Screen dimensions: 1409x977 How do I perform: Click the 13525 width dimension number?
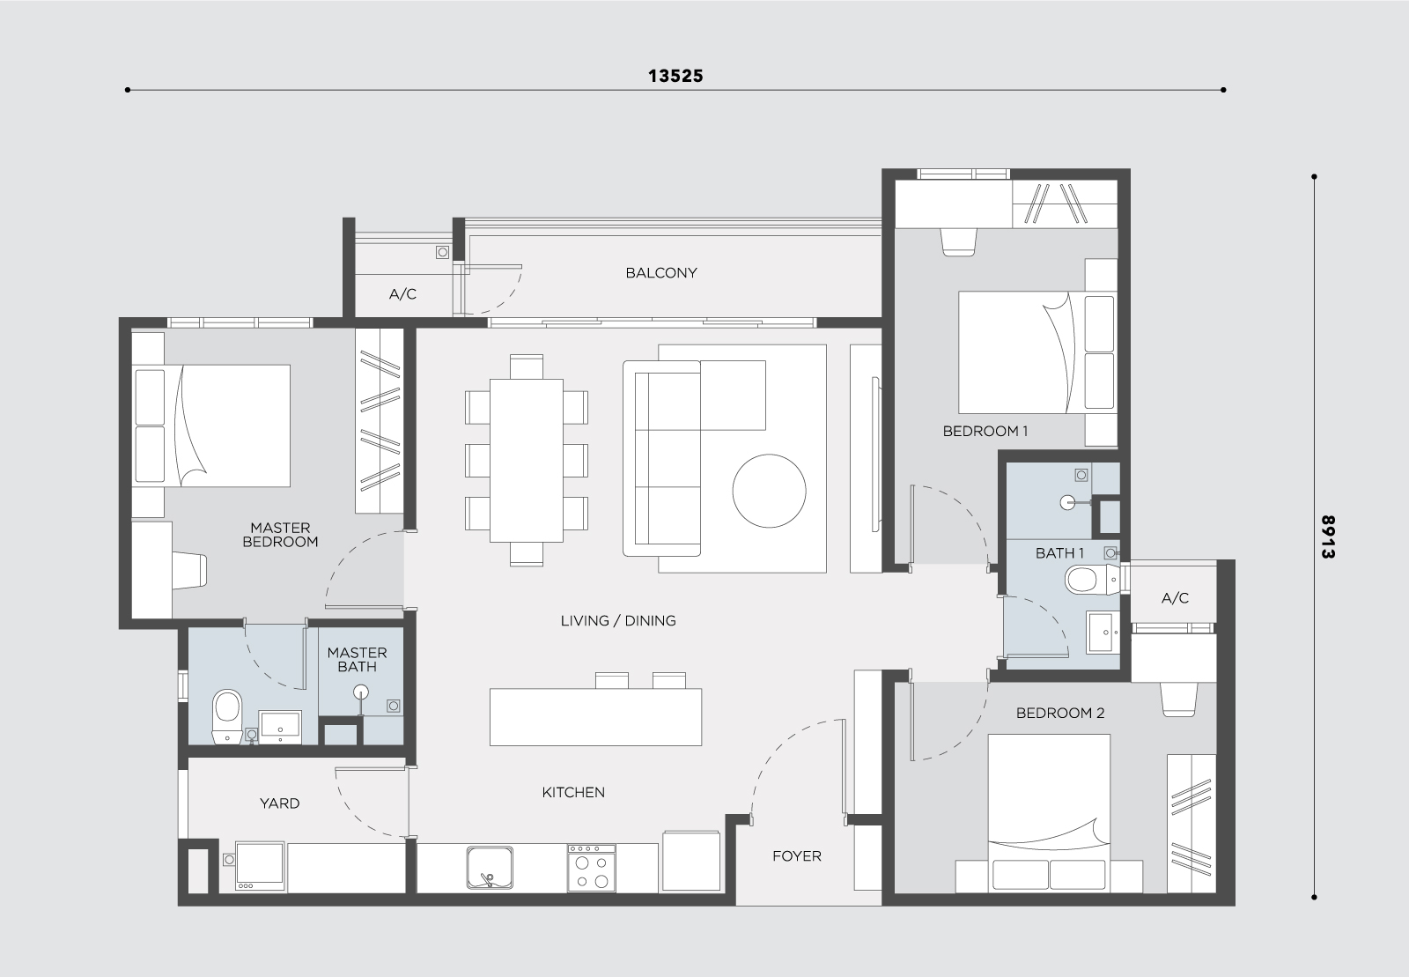[675, 76]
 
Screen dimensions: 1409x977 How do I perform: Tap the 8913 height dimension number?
[1328, 537]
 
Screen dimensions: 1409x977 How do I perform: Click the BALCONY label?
[661, 273]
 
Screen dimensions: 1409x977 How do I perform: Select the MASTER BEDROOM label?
[281, 535]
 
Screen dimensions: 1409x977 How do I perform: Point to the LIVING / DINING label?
[618, 621]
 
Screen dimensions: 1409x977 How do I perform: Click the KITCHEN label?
[573, 793]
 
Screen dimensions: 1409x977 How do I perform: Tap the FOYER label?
[797, 856]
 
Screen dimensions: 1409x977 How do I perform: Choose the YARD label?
[280, 803]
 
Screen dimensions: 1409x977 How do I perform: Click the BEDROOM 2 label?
[1060, 714]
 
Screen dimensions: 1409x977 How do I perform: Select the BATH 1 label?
[1060, 553]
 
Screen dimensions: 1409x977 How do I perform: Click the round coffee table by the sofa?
[769, 491]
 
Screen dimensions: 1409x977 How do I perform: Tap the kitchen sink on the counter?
[490, 868]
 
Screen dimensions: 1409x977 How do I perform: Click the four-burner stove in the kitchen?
[591, 868]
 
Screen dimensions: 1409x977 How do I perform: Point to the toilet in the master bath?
[227, 716]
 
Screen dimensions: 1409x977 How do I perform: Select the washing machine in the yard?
[260, 866]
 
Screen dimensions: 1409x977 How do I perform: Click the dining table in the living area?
[527, 461]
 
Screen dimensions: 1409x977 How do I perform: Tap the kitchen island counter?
[595, 717]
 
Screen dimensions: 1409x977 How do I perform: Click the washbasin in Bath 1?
[1103, 632]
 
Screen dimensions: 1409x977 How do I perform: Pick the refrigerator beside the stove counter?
[691, 861]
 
